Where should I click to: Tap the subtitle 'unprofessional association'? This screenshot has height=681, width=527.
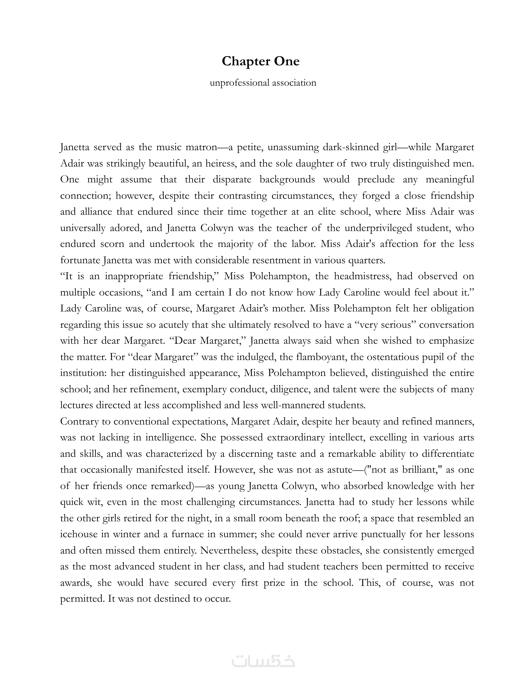tap(263, 83)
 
